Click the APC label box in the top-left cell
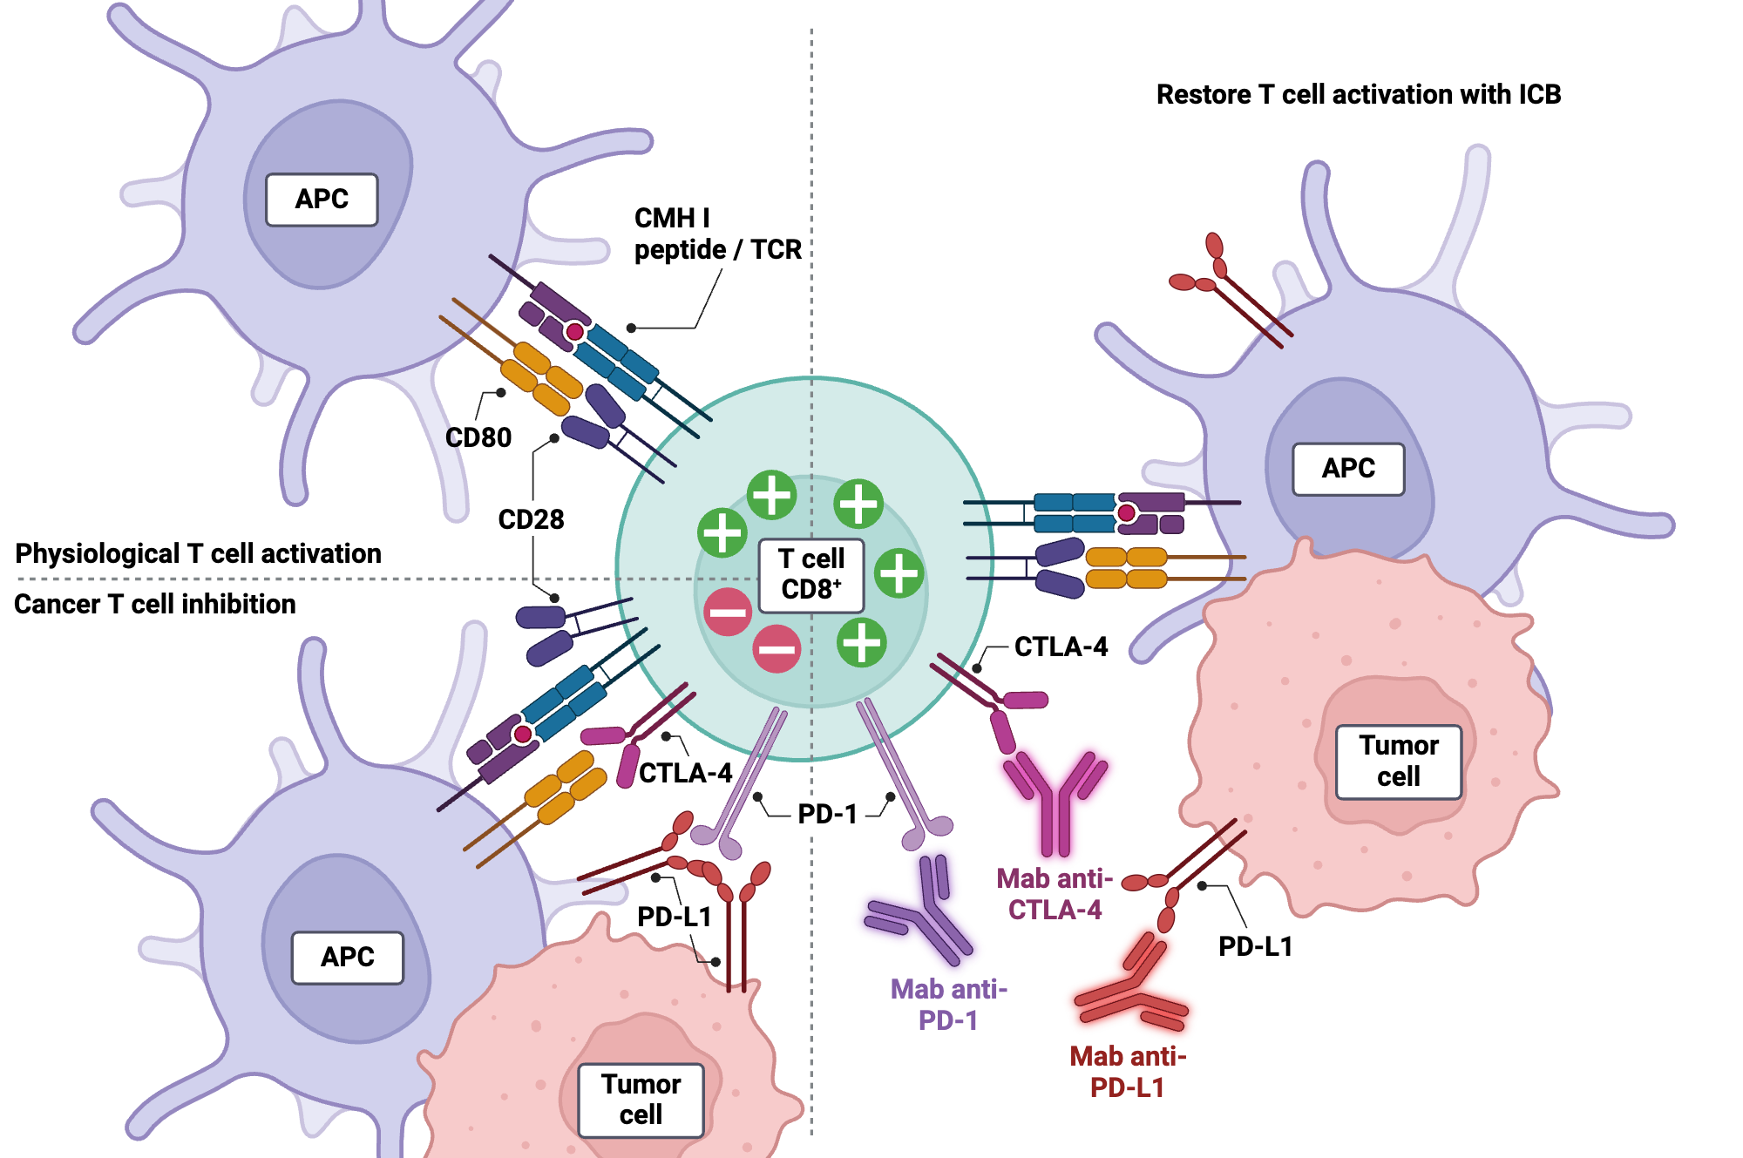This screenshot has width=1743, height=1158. (322, 200)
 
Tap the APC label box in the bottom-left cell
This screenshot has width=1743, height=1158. (347, 957)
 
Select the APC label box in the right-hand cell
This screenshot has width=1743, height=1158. (1347, 469)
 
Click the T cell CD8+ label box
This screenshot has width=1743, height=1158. (810, 574)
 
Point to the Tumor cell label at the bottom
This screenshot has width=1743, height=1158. (641, 1100)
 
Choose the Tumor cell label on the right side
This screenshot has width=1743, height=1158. (1398, 761)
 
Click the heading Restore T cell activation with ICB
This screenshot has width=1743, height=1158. (1358, 94)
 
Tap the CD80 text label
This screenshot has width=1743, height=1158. (478, 437)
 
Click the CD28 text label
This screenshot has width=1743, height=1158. (531, 519)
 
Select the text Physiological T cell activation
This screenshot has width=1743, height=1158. (198, 553)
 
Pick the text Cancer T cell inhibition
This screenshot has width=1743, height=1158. (155, 604)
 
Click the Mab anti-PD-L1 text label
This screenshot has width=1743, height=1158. (1128, 1072)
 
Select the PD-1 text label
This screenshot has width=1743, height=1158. (827, 814)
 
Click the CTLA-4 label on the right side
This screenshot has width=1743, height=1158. (1061, 647)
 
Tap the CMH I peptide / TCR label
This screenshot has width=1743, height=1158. (716, 234)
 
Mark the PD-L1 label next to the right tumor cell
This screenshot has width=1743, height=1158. (1255, 946)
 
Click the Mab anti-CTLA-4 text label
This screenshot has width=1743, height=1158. (1055, 894)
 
